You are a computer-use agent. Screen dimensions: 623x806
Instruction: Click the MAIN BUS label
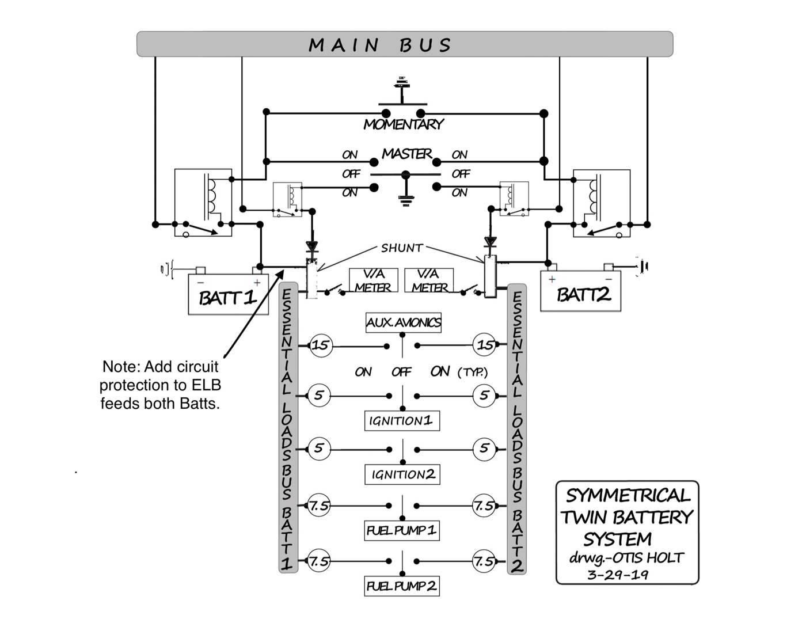click(x=380, y=45)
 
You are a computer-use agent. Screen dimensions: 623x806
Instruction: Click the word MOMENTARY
click(x=403, y=124)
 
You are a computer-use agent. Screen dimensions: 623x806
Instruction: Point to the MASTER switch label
click(x=406, y=154)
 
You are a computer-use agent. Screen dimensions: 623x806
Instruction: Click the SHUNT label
click(x=402, y=248)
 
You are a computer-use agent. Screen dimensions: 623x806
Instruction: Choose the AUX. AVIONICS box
click(x=404, y=322)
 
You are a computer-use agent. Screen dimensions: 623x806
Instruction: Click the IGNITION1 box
click(x=402, y=421)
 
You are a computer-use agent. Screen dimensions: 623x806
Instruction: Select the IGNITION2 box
click(x=402, y=474)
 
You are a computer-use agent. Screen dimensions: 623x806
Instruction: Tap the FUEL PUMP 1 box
click(x=402, y=530)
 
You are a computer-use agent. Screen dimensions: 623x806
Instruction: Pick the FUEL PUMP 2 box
click(x=402, y=586)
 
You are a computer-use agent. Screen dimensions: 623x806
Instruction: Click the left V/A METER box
click(x=372, y=280)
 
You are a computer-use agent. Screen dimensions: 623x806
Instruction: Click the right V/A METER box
click(x=429, y=280)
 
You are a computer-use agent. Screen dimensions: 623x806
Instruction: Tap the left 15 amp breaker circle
click(x=320, y=345)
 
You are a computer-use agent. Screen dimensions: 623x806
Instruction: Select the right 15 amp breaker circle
click(x=485, y=345)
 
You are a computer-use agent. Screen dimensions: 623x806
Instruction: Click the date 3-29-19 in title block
click(x=618, y=575)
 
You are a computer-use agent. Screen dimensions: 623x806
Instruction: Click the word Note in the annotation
click(x=120, y=367)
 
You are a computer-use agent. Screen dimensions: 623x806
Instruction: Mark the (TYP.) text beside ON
click(x=473, y=373)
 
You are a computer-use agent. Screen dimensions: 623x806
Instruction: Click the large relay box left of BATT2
click(x=602, y=203)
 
